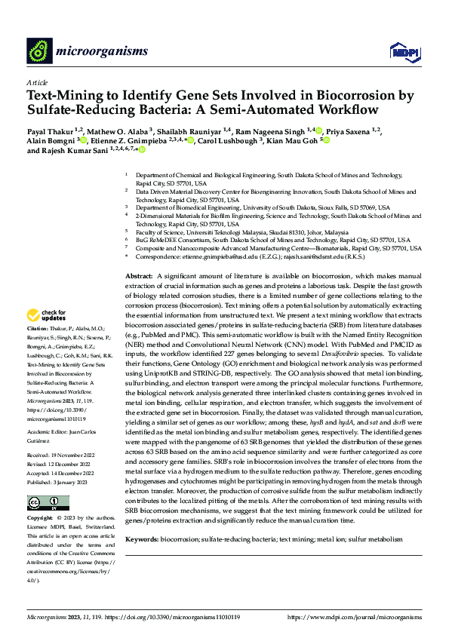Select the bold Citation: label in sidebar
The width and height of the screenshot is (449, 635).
pos(38,351)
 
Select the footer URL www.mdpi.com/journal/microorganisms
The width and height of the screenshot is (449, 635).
pos(355,617)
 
